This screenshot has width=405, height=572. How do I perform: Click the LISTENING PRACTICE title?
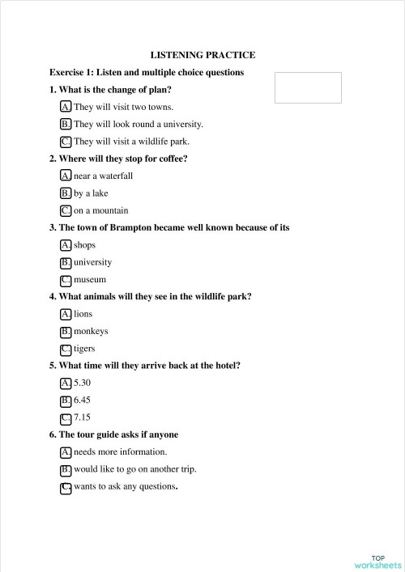tap(202, 55)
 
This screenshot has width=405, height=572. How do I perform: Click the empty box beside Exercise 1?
tap(308, 87)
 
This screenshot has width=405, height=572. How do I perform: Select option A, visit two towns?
tap(66, 107)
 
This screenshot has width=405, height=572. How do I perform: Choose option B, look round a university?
tap(66, 125)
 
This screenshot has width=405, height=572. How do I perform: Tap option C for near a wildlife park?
tap(66, 142)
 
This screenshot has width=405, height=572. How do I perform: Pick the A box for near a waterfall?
tap(66, 176)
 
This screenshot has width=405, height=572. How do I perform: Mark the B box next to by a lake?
tap(66, 193)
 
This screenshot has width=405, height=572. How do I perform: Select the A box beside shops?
tap(66, 245)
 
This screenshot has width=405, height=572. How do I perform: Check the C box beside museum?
tap(66, 280)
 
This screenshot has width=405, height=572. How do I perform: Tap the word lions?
tap(83, 314)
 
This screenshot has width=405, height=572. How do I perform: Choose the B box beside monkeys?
tap(66, 332)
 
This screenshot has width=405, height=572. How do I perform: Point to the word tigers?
tap(84, 349)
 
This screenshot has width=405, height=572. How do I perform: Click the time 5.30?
tap(83, 383)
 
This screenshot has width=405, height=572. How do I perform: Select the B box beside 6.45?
tap(66, 400)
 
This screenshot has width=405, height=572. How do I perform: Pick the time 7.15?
tap(83, 417)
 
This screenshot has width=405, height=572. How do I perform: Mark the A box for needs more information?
tap(66, 452)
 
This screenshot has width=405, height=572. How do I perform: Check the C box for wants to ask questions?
tap(66, 487)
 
